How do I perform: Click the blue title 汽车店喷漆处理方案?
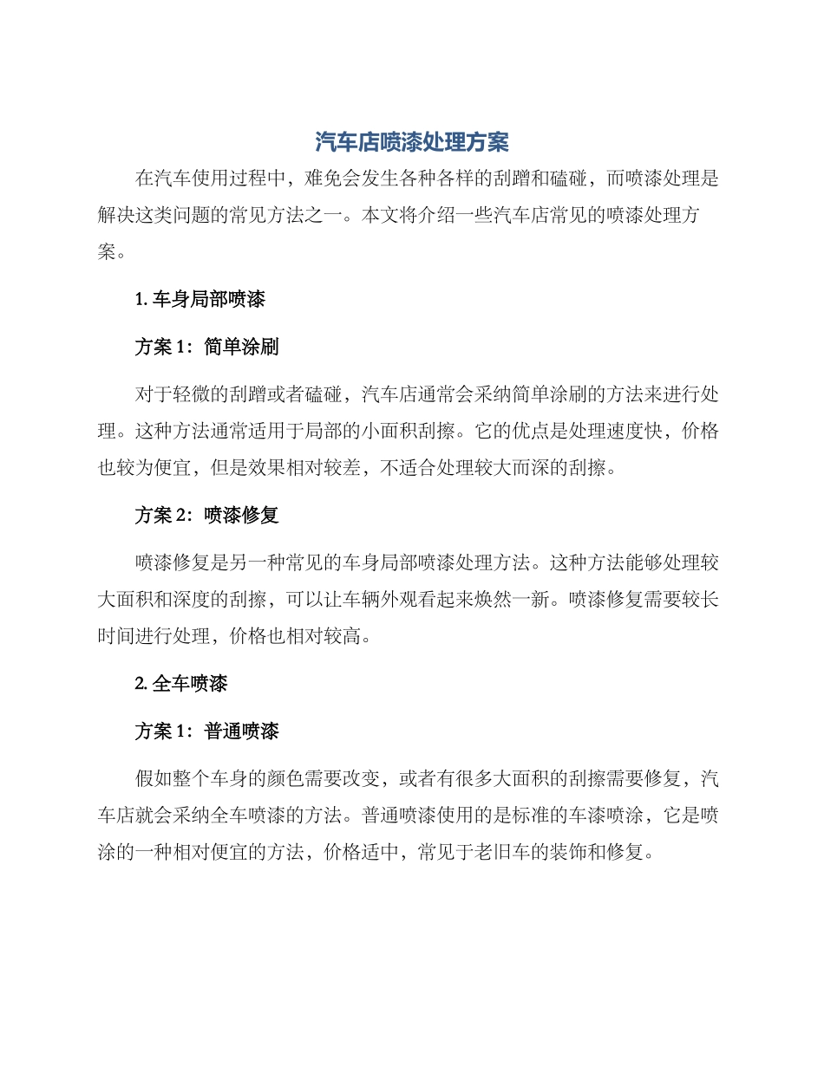point(411,141)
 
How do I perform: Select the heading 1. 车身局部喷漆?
point(200,300)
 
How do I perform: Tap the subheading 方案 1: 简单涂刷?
point(206,348)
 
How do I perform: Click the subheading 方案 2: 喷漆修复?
point(206,515)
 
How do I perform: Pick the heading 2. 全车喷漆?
point(181,683)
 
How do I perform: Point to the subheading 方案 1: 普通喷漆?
point(206,731)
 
